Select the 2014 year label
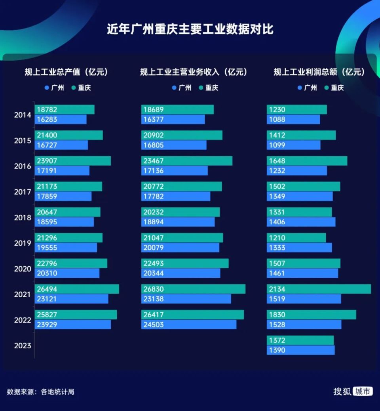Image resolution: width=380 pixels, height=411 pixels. point(23,115)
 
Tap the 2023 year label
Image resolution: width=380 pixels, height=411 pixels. point(23,346)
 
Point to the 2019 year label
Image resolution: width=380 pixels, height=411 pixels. point(23,243)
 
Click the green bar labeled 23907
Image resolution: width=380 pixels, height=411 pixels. point(73,161)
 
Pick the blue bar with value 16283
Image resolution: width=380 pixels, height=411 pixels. point(61,119)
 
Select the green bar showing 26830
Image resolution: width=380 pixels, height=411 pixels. point(193,289)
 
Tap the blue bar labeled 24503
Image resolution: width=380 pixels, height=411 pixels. point(189,325)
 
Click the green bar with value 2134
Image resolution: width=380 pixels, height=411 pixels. point(319,289)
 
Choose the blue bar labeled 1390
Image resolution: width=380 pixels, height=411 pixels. point(300,350)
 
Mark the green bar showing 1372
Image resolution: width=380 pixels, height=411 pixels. point(300,340)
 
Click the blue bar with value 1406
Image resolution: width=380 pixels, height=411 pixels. point(301,222)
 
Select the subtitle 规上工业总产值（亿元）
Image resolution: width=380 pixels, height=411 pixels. point(66,72)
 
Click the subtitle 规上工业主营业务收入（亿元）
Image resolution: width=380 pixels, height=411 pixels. point(194,72)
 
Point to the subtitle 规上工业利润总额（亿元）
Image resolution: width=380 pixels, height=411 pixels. point(319,72)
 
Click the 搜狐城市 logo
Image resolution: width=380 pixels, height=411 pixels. point(353,391)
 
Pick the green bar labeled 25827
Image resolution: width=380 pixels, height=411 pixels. point(76,315)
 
